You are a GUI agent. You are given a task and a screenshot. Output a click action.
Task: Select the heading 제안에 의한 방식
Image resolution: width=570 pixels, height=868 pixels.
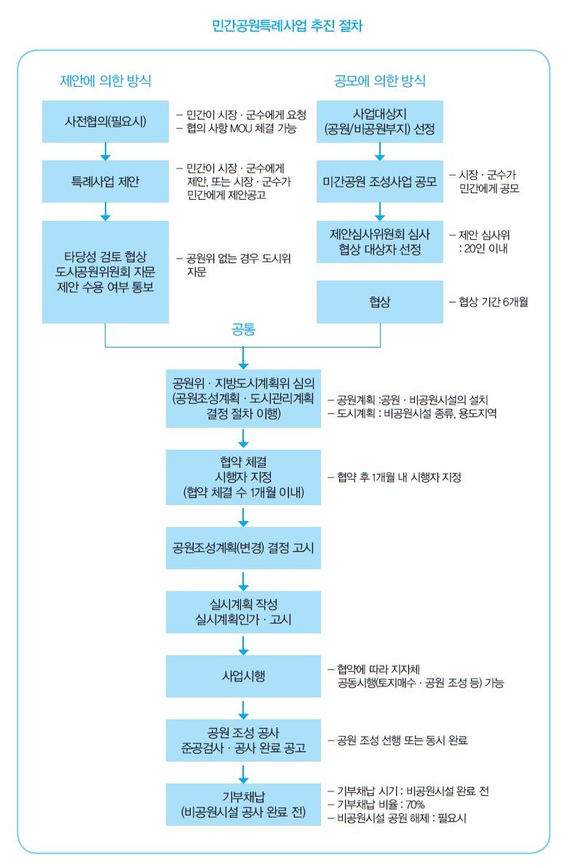[106, 80]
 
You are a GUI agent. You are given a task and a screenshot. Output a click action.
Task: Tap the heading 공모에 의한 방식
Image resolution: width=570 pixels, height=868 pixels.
[380, 80]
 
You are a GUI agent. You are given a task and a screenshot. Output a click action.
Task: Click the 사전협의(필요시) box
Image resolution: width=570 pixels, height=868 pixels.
[106, 121]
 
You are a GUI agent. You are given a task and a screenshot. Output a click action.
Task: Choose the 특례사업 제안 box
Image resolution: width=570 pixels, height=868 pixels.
[106, 181]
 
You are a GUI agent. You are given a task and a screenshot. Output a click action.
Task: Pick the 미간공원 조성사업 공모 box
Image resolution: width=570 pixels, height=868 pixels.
[380, 181]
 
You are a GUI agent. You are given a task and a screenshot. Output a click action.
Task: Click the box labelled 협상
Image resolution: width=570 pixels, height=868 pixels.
[380, 302]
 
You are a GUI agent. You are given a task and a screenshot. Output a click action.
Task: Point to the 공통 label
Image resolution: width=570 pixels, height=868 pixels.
[243, 329]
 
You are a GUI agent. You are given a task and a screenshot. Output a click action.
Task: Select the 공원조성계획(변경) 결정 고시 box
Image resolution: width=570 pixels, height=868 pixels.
[243, 547]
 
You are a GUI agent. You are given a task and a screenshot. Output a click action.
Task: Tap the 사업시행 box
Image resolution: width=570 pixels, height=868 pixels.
[243, 676]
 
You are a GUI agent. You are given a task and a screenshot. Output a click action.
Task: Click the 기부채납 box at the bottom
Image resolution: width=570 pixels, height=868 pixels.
[243, 805]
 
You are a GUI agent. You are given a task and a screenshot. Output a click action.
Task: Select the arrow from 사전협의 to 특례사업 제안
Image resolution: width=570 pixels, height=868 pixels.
[106, 151]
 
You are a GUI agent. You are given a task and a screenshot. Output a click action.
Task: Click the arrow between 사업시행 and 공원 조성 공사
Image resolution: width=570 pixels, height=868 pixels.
[243, 708]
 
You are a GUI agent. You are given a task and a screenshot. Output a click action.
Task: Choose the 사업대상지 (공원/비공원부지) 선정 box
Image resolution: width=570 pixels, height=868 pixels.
[380, 121]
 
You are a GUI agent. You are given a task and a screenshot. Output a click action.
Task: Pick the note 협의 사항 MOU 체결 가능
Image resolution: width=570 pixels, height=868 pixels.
[241, 128]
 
